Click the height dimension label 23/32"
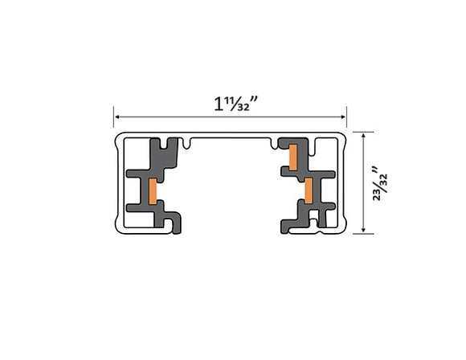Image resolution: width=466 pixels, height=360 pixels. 378,184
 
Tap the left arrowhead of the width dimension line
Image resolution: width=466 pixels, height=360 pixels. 116,117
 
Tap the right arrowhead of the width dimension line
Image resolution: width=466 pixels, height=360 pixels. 344,117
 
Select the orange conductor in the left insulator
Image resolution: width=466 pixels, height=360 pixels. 150,190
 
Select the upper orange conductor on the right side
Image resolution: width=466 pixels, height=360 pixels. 294,157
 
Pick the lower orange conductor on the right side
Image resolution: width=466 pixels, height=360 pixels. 308,189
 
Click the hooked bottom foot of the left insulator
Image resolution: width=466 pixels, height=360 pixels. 170,223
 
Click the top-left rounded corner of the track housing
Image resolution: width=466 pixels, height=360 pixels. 119,139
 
